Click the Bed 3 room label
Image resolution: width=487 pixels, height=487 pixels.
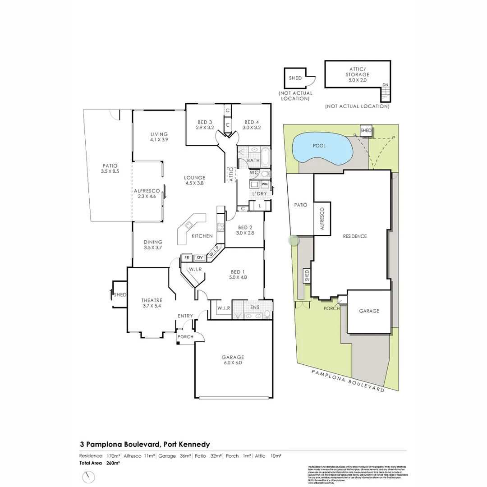[x=205, y=125]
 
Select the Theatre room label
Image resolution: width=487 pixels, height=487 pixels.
[x=152, y=303]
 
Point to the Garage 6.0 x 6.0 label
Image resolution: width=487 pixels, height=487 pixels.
[x=233, y=360]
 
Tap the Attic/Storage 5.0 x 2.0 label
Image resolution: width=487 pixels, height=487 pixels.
[x=358, y=74]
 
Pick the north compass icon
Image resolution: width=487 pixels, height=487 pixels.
[x=89, y=476]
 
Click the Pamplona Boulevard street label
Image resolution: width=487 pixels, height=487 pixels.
[x=348, y=380]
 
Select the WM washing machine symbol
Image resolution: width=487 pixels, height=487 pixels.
[x=265, y=184]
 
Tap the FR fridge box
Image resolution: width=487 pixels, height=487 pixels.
[x=186, y=257]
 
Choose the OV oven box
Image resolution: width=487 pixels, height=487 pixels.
[x=199, y=257]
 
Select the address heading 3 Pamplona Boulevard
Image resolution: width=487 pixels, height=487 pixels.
[x=145, y=444]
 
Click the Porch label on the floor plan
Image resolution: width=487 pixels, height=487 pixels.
[x=185, y=337]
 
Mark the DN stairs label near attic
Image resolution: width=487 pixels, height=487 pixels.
[x=385, y=84]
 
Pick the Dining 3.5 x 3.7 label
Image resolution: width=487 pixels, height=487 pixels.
[x=153, y=244]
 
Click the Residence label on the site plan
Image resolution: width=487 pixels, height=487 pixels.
[x=355, y=236]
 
